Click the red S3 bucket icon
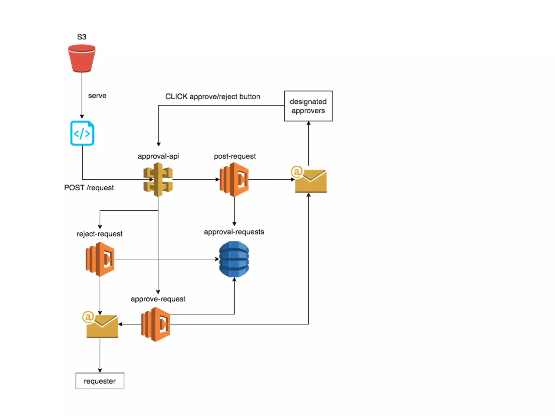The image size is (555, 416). point(82,58)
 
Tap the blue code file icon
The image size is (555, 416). point(82,133)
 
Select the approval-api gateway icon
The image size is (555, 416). point(158,180)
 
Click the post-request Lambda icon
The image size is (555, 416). point(234,180)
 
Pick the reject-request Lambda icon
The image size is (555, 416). point(100,259)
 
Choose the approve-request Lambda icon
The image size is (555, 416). point(156,324)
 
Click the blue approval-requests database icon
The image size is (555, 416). point(234,259)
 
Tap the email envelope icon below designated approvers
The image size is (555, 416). point(309,179)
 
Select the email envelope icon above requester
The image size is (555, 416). point(100,324)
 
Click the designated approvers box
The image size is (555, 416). point(308,106)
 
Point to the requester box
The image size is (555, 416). point(100,381)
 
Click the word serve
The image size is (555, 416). point(97,96)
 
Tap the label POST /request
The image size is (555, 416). point(89,188)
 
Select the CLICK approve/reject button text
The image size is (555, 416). point(213,96)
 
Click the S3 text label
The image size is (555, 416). point(82,37)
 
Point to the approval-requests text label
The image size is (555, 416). point(234,232)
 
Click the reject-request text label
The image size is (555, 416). point(99,234)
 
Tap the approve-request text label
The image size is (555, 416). point(158,299)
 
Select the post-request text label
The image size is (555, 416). point(235,156)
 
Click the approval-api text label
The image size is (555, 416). point(158,156)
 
